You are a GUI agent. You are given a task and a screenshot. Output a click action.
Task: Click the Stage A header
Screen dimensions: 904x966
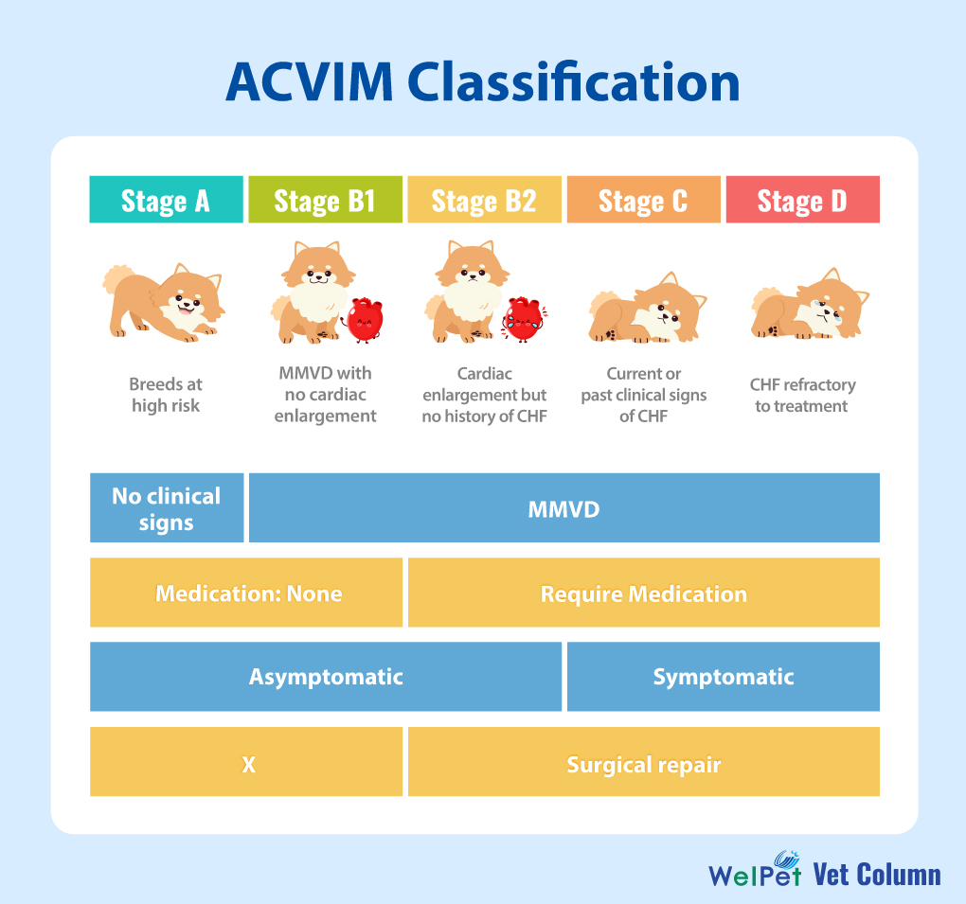pyautogui.click(x=166, y=200)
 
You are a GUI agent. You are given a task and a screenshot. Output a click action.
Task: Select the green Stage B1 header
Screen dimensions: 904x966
pyautogui.click(x=325, y=200)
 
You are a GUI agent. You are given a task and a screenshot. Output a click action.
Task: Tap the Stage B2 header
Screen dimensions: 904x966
pyautogui.click(x=484, y=200)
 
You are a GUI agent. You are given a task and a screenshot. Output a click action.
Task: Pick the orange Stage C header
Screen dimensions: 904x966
pyautogui.click(x=643, y=200)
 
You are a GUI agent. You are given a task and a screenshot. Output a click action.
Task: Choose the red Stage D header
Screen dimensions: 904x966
pyautogui.click(x=802, y=200)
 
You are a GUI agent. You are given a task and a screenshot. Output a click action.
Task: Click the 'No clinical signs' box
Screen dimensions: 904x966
pyautogui.click(x=167, y=508)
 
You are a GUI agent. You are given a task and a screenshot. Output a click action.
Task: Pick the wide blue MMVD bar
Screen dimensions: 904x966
pyautogui.click(x=563, y=508)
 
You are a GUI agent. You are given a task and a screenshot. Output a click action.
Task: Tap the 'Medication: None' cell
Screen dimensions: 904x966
pyautogui.click(x=246, y=593)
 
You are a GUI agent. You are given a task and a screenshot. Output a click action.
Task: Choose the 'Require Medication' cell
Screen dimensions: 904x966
pyautogui.click(x=643, y=593)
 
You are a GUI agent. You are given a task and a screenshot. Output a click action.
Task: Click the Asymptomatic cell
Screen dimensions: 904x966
pyautogui.click(x=325, y=677)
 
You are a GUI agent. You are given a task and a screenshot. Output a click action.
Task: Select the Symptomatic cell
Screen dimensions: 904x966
pyautogui.click(x=723, y=677)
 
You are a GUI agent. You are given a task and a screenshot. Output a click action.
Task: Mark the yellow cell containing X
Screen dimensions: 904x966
pyautogui.click(x=246, y=762)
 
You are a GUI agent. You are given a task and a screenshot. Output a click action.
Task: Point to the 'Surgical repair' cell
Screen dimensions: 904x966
pyautogui.click(x=643, y=762)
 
